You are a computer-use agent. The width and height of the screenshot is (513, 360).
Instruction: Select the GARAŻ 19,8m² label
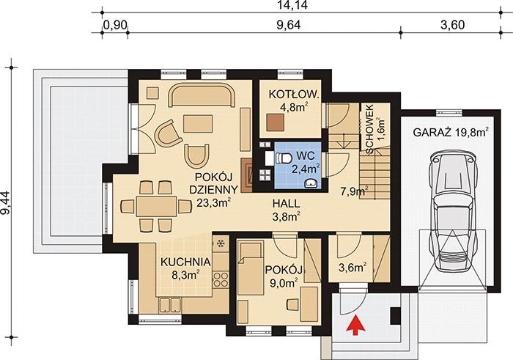click(451, 133)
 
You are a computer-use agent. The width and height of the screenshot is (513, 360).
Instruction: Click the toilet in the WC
click(283, 158)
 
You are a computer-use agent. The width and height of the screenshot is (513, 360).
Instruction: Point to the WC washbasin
click(311, 184)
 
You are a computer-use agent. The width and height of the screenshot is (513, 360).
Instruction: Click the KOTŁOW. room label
click(293, 95)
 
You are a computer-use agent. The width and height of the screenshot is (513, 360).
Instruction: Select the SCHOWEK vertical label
click(370, 129)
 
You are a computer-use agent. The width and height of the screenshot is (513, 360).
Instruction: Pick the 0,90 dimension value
click(115, 25)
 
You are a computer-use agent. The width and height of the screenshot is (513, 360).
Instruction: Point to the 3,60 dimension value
click(452, 25)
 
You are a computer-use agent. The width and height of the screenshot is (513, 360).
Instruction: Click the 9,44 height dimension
click(6, 203)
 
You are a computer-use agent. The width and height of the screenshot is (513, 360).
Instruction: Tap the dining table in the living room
click(156, 206)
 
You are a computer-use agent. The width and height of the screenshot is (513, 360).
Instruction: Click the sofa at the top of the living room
click(202, 95)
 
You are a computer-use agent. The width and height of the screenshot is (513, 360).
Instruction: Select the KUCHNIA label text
click(185, 262)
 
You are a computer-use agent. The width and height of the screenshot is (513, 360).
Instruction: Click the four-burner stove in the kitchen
click(221, 280)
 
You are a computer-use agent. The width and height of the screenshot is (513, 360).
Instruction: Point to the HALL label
click(287, 204)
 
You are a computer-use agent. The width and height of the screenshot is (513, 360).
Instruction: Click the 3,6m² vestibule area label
click(353, 268)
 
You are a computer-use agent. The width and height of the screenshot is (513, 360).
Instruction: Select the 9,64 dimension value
click(289, 25)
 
